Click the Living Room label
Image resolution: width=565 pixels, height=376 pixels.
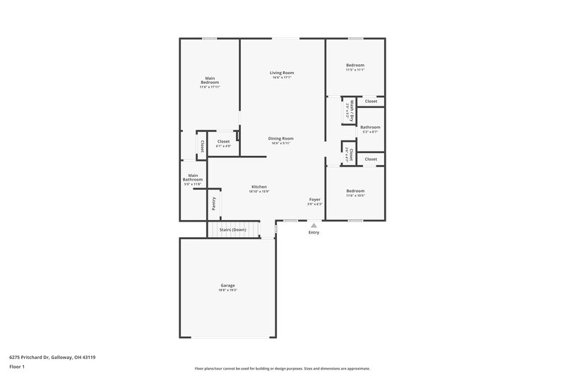[x=282, y=73]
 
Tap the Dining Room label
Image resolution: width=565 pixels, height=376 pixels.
[x=282, y=138]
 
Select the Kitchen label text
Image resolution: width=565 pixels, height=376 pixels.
[x=259, y=186]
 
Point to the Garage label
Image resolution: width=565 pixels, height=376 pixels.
[x=227, y=285]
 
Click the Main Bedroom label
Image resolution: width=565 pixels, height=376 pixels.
[x=210, y=80]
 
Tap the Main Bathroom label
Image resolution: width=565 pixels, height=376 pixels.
[x=193, y=177]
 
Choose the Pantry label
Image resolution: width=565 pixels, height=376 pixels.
[x=214, y=203]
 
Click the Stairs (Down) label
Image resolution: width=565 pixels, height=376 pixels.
[x=233, y=230]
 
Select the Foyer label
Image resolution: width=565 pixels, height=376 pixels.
[x=315, y=200]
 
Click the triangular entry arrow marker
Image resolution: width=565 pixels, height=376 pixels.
[x=314, y=225]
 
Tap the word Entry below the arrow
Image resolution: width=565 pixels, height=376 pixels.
[x=314, y=233]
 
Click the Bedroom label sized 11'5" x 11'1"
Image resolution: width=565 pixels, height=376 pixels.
[x=355, y=65]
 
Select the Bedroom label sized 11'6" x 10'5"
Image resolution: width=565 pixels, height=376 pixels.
[x=355, y=191]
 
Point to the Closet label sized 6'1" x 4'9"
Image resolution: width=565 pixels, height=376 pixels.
[x=223, y=141]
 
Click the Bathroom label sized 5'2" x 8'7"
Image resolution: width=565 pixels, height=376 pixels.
[x=370, y=127]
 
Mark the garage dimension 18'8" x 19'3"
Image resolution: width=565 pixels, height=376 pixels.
[x=227, y=290]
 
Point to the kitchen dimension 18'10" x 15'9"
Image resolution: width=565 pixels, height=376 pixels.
[x=259, y=191]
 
